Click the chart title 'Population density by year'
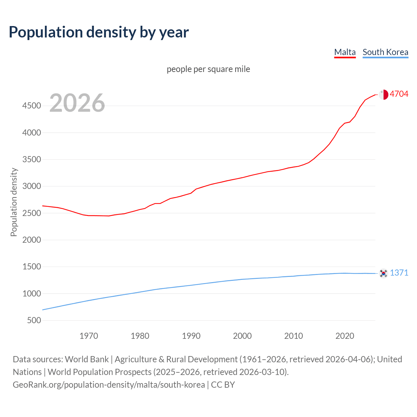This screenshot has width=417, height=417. (99, 32)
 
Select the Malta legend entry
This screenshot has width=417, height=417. (345, 52)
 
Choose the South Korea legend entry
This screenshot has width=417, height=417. (385, 52)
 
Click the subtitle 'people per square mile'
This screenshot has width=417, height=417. (208, 69)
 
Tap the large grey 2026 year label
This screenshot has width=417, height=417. (77, 103)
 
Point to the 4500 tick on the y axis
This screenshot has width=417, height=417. (32, 106)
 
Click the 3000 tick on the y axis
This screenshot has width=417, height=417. (32, 186)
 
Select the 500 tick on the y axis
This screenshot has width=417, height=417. (34, 321)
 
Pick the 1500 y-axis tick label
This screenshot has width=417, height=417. (32, 267)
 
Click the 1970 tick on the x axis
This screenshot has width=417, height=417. (89, 336)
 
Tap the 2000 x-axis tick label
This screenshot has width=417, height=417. (242, 336)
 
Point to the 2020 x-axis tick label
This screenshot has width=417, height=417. (345, 336)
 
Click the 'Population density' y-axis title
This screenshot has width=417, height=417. (14, 202)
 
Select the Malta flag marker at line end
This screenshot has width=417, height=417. (383, 94)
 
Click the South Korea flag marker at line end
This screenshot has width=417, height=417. (383, 273)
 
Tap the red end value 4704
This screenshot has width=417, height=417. (399, 94)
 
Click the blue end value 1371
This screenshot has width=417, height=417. (399, 273)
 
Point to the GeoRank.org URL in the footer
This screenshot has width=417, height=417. (109, 385)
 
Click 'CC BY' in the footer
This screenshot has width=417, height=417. (223, 385)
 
